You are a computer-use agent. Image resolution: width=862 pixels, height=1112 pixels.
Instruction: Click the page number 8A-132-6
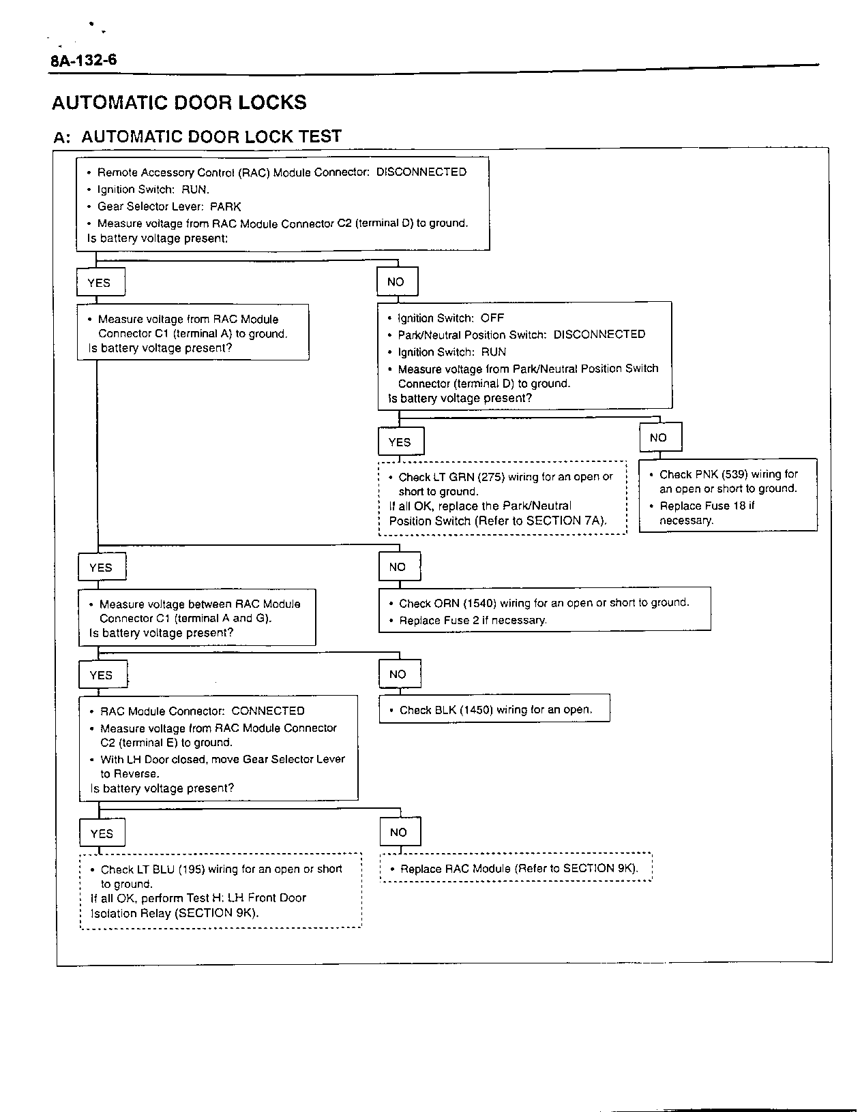click(x=83, y=61)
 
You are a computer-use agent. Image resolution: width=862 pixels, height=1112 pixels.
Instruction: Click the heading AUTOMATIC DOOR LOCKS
click(x=179, y=103)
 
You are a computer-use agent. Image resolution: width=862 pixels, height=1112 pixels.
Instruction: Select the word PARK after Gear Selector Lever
click(x=225, y=206)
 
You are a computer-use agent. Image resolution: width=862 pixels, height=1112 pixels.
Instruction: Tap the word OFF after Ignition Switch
click(x=492, y=318)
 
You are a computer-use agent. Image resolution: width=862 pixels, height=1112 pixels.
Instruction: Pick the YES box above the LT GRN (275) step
click(x=400, y=442)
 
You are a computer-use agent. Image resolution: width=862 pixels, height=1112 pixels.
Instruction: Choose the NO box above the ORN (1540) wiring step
click(x=399, y=567)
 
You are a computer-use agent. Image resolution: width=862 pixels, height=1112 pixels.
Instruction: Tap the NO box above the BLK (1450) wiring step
click(x=399, y=675)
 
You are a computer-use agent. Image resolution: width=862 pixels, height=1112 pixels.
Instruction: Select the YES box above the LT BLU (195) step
click(x=102, y=833)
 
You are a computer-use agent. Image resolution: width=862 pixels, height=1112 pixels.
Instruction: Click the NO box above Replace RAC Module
click(x=400, y=832)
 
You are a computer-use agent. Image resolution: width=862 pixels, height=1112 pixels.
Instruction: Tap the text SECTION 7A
click(x=563, y=521)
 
